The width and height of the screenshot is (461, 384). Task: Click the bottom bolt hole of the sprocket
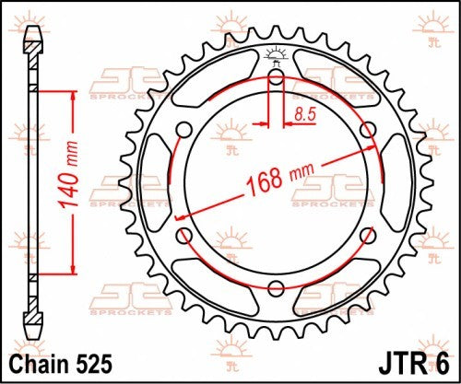point(275,286)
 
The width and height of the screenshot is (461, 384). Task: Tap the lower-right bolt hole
point(367,234)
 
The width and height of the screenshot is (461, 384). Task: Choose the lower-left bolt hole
point(183,234)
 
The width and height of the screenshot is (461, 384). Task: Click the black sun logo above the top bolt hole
point(275,54)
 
